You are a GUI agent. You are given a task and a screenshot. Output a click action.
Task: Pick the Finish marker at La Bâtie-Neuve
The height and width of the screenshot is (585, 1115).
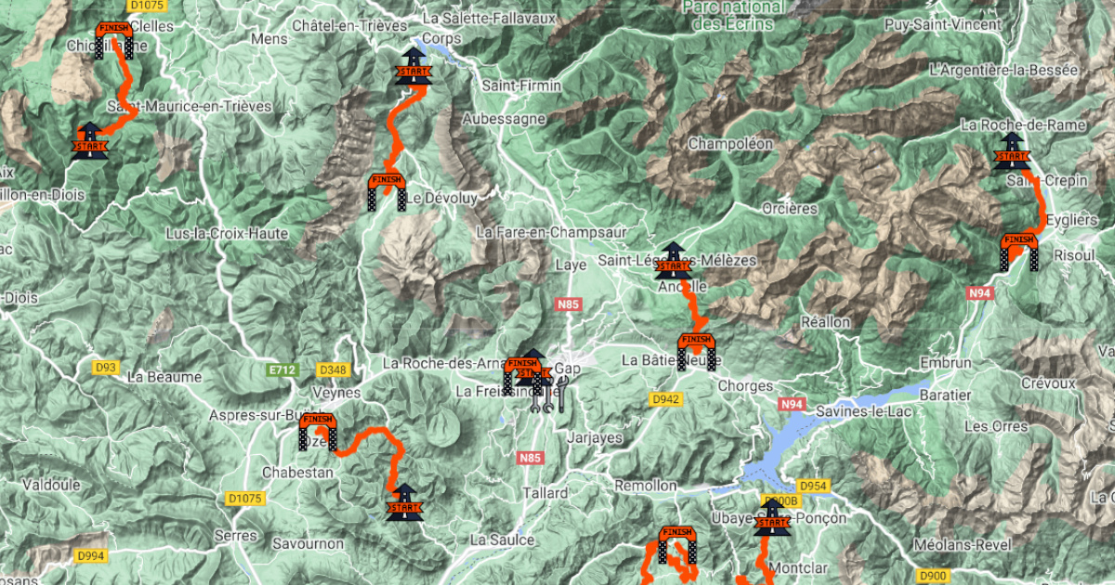tap(696, 351)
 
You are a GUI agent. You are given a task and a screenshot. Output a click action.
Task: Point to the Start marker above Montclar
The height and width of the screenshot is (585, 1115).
tap(771, 520)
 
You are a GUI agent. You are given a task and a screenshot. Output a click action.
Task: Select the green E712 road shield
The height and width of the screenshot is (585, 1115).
tap(282, 370)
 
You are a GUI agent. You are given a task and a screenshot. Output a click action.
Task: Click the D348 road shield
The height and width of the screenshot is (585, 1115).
tap(332, 370)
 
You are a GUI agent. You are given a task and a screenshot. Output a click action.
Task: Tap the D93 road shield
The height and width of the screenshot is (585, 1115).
tap(106, 368)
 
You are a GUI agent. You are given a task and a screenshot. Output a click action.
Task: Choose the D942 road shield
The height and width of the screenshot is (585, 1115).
tap(665, 399)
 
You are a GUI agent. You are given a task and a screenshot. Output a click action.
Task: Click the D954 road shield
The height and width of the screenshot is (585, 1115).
tap(812, 486)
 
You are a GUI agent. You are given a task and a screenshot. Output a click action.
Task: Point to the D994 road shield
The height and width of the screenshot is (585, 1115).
tap(91, 556)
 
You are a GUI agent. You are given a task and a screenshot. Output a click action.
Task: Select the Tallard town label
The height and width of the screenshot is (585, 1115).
tap(545, 492)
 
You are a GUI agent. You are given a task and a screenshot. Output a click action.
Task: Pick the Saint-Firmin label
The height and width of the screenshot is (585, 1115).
tap(521, 85)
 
